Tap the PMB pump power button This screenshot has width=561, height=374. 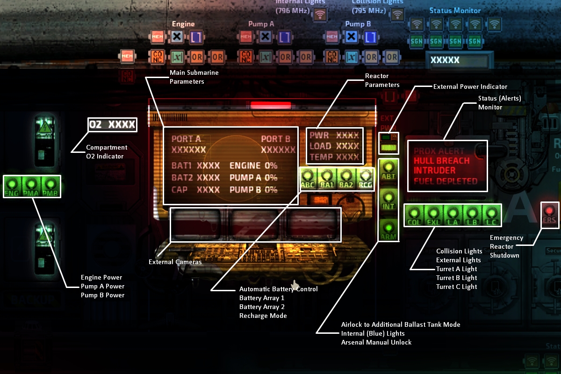pos(51,187)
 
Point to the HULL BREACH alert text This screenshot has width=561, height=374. pos(441,161)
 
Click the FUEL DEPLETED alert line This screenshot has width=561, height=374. pos(445,181)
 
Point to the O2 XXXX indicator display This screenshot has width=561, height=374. pos(112,125)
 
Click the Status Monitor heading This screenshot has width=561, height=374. pos(455,10)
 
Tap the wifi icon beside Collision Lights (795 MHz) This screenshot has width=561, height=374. pos(397,14)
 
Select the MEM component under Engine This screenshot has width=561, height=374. pos(158,36)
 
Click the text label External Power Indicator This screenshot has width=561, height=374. pos(470,86)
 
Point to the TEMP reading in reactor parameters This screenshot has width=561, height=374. pos(334,157)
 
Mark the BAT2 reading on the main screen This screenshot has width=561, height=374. pos(195,178)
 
